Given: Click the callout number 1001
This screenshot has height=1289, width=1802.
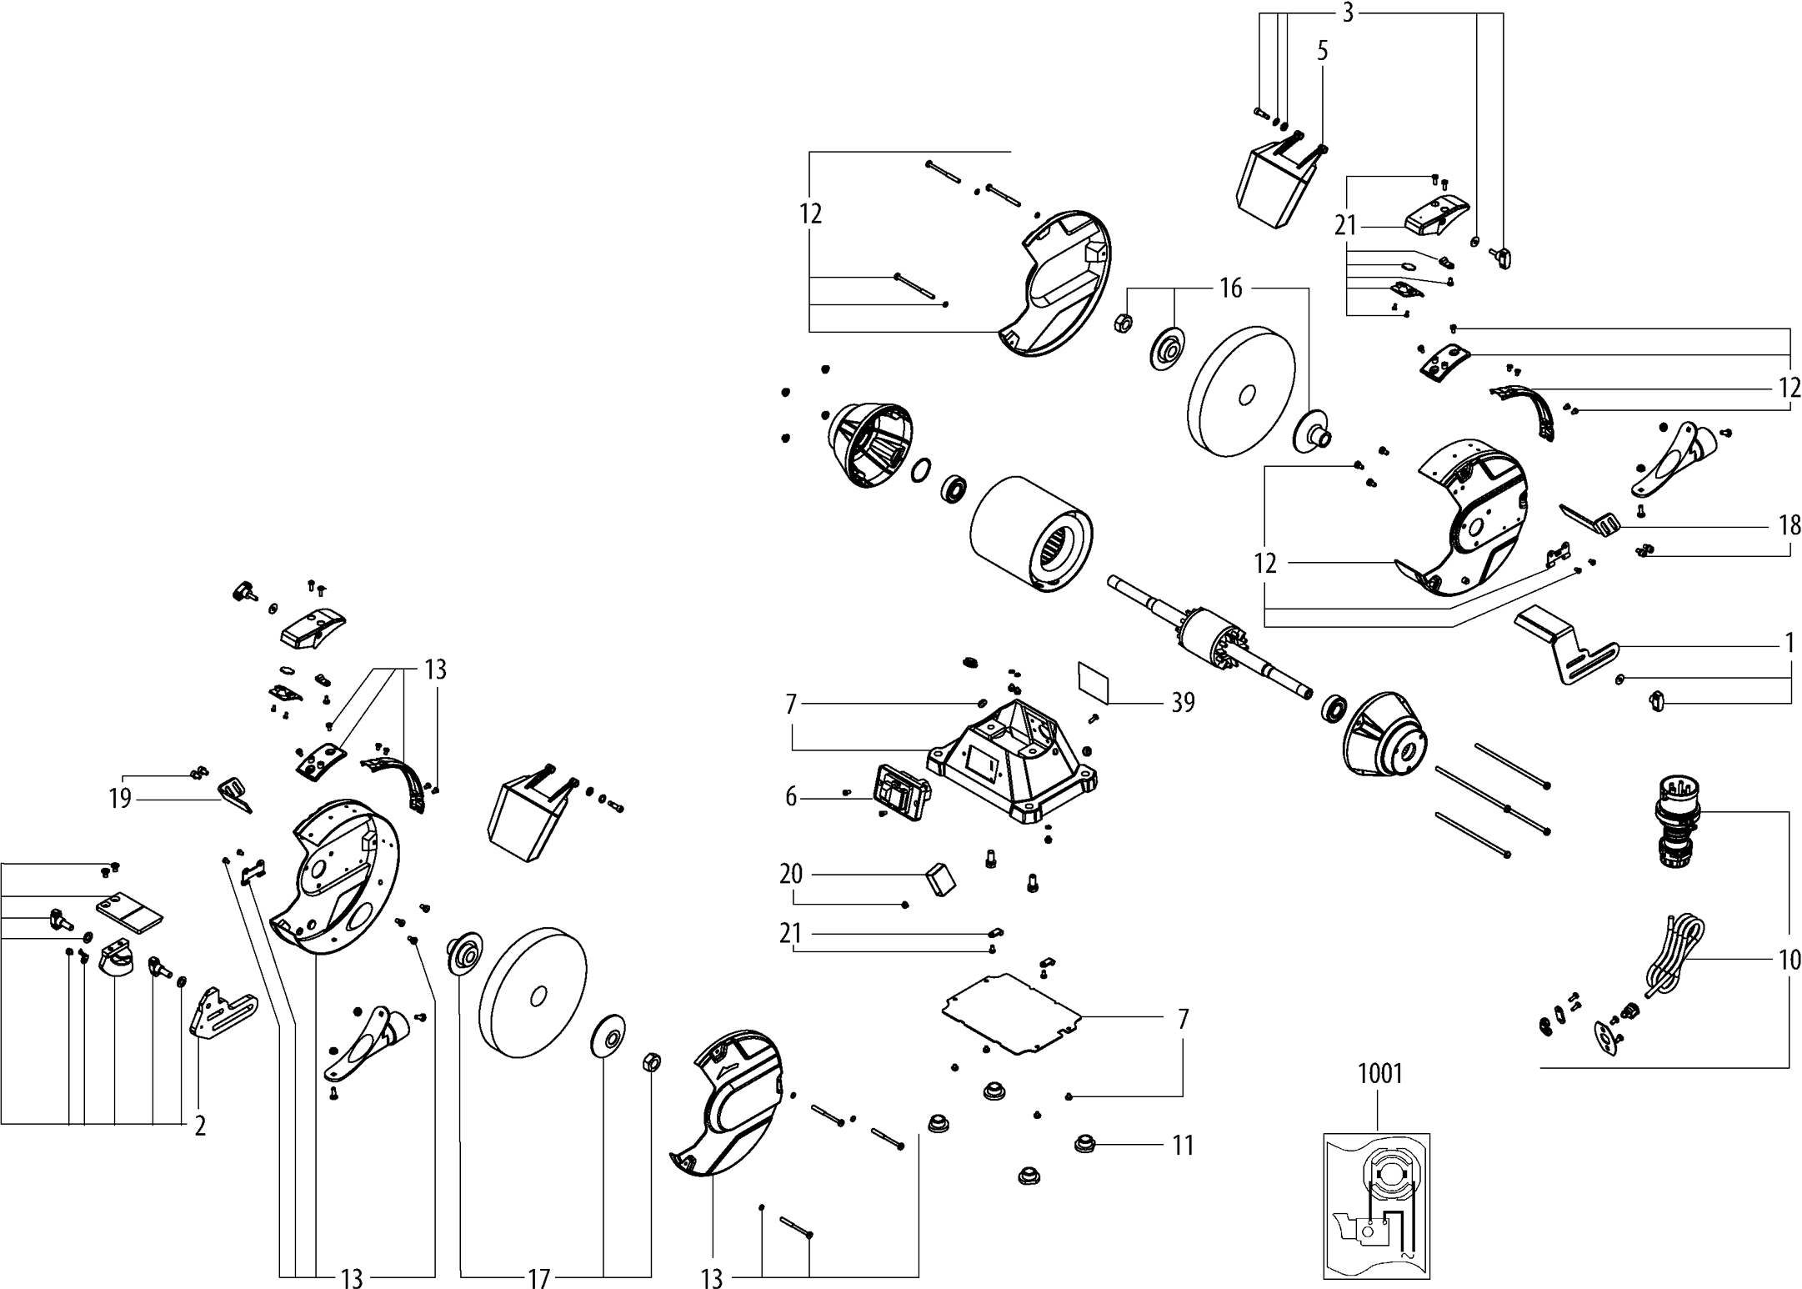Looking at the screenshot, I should [1380, 1073].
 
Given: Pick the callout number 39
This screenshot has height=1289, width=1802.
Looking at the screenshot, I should [1183, 703].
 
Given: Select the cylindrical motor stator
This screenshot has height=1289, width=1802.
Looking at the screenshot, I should [1032, 534].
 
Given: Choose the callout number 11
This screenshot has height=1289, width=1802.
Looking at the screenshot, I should [1183, 1146].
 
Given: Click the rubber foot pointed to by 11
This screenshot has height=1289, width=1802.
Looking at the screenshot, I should [1084, 1143].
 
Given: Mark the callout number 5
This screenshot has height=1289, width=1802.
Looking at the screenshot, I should [1323, 51].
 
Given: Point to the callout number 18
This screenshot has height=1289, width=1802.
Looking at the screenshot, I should [1789, 525].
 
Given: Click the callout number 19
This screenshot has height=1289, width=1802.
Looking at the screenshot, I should [120, 799].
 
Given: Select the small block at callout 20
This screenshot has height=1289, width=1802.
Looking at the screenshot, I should [940, 878].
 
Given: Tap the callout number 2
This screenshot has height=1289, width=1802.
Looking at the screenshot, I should [200, 1126].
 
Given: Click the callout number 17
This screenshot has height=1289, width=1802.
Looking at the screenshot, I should [539, 1278].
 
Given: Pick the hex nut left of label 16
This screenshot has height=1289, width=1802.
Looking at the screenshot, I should [1122, 323].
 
